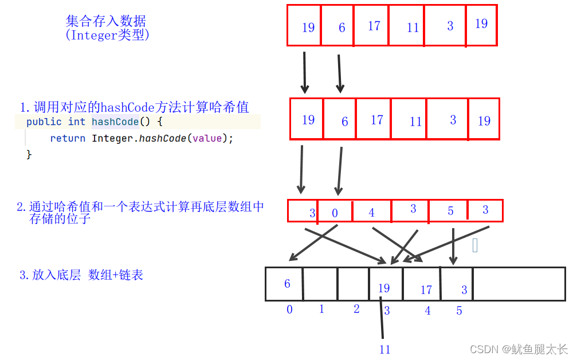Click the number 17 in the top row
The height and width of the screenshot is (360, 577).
[374, 26]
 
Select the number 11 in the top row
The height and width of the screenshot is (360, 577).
[413, 28]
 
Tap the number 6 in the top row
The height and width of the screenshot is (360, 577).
[342, 28]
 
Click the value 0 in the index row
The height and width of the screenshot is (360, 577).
[335, 213]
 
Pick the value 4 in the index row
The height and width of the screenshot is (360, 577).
[371, 213]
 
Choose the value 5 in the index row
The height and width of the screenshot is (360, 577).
[450, 212]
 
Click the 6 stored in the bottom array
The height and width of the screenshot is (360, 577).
[287, 284]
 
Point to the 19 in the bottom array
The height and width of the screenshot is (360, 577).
[384, 288]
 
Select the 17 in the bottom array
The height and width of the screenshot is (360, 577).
[426, 290]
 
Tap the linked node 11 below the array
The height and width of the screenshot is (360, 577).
[384, 349]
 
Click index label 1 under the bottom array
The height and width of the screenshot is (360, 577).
[321, 310]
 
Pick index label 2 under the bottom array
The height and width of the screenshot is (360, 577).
[356, 310]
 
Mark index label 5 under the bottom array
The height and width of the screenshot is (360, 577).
[459, 311]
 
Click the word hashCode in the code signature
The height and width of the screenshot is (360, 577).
[115, 122]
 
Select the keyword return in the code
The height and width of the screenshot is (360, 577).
[68, 138]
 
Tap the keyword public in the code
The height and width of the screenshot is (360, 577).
[44, 122]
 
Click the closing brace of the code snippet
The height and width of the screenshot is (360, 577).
[29, 154]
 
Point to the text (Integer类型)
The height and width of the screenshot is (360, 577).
[108, 35]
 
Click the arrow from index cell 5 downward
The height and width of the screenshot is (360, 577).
[453, 246]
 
